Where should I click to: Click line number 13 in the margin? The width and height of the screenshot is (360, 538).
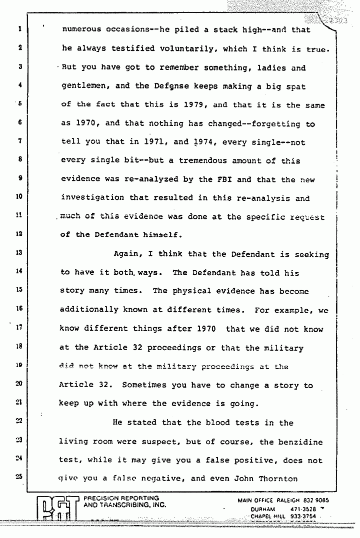tap(17, 253)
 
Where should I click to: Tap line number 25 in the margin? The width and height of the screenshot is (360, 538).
tap(17, 476)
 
